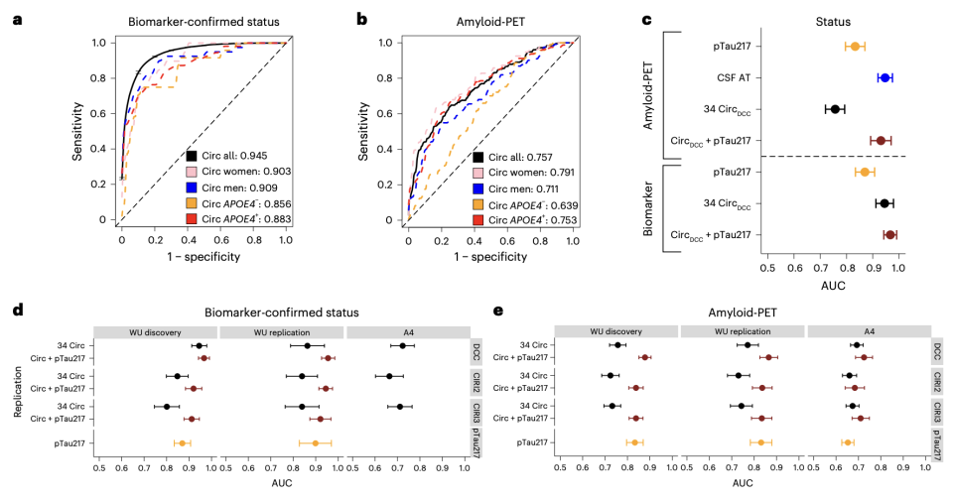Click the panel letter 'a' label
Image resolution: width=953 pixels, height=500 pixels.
17,20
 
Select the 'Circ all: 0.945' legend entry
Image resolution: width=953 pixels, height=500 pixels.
227,156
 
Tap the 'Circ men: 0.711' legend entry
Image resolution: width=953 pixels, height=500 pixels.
515,188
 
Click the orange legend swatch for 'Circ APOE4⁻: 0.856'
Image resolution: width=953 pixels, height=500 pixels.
192,203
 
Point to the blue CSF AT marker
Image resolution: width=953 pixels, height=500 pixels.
885,77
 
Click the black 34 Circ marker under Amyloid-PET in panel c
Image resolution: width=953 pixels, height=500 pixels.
835,109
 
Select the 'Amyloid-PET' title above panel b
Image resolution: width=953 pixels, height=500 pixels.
490,22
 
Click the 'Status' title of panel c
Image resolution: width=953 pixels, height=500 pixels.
833,22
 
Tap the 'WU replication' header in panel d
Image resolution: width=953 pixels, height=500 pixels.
281,332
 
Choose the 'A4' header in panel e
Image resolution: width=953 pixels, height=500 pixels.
870,331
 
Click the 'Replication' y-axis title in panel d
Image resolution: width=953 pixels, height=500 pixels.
18,391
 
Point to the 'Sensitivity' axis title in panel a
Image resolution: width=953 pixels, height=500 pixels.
77,131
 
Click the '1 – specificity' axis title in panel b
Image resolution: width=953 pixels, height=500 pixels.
489,257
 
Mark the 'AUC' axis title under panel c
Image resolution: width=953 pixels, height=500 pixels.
833,286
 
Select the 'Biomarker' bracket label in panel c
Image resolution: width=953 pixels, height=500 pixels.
648,207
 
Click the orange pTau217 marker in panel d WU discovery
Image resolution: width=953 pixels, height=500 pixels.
182,443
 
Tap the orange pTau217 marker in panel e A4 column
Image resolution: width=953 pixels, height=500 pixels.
848,442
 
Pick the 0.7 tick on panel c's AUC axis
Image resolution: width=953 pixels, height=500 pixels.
820,268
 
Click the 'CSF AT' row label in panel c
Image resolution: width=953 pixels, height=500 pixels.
735,77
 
